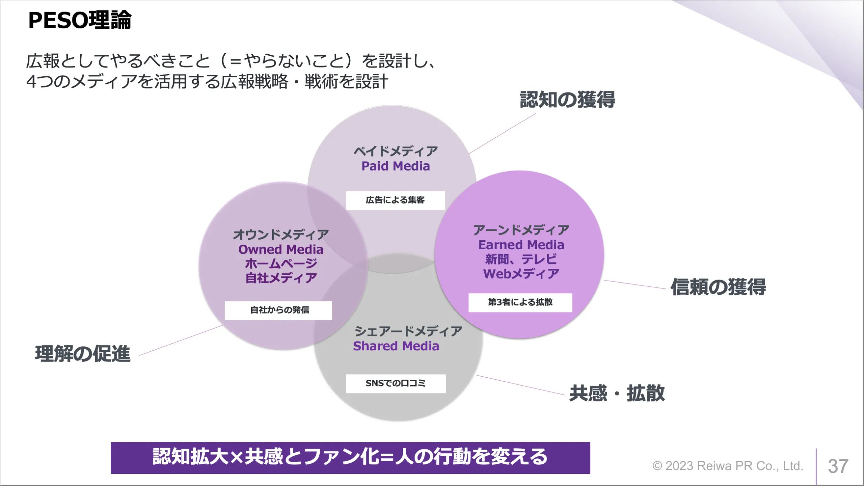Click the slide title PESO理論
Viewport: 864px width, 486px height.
click(x=80, y=21)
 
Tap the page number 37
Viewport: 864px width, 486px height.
click(x=838, y=466)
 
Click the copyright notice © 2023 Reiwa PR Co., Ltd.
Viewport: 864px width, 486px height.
click(x=728, y=466)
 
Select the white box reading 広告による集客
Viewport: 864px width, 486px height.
click(x=395, y=200)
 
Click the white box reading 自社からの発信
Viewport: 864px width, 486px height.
click(x=278, y=310)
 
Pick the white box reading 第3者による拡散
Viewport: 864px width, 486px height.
click(x=520, y=303)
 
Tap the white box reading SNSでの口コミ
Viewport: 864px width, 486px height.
click(x=396, y=383)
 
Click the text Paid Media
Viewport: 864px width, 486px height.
click(x=396, y=166)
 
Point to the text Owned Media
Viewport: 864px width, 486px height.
click(x=281, y=249)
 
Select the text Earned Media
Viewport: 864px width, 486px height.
click(x=521, y=245)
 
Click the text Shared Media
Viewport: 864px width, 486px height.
click(x=396, y=346)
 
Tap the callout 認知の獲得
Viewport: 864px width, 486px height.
click(x=567, y=100)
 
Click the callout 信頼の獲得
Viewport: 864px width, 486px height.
click(x=718, y=287)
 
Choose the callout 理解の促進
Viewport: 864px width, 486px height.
click(x=83, y=354)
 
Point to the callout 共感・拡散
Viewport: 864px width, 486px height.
click(x=617, y=393)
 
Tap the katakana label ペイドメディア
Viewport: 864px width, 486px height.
click(x=396, y=151)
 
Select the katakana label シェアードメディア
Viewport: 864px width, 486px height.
click(x=408, y=331)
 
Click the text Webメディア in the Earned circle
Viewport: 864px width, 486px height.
click(x=521, y=274)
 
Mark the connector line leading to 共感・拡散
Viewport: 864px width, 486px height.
click(x=521, y=385)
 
